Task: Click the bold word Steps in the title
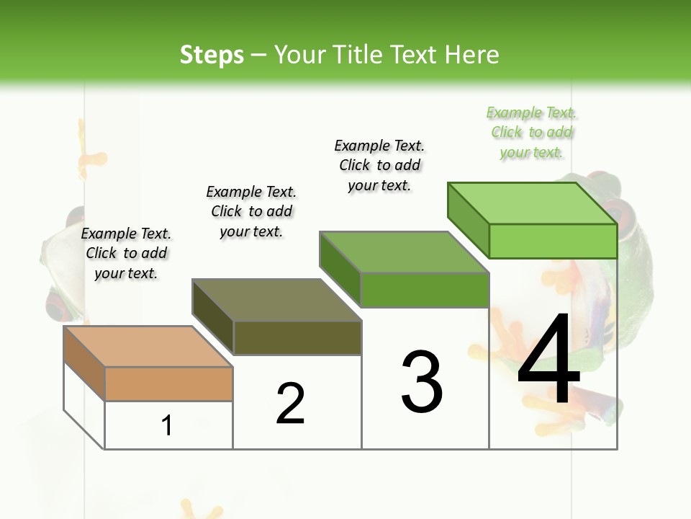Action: pos(212,55)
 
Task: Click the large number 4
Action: pos(548,362)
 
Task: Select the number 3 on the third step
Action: pos(422,381)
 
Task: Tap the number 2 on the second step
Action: pos(291,404)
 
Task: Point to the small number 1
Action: pos(167,426)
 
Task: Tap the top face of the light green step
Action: pos(533,203)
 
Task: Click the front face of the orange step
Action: pos(169,384)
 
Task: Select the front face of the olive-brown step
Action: pos(297,337)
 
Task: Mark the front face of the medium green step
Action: pos(425,290)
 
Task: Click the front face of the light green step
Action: pos(553,241)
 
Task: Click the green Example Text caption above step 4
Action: pos(532,133)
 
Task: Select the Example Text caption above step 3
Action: pos(379,165)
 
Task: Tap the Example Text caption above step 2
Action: pos(251,211)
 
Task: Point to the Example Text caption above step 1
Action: pos(126,253)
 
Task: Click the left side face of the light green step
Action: pos(469,219)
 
